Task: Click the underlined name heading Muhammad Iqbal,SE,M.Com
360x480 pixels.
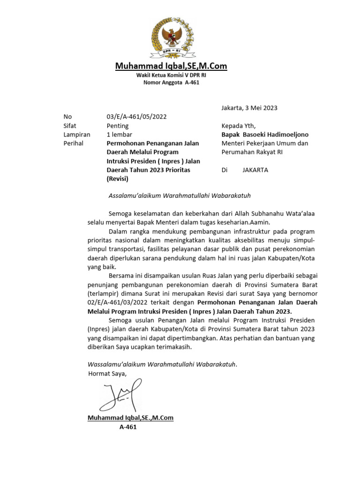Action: click(x=171, y=67)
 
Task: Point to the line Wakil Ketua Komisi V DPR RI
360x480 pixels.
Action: click(x=171, y=75)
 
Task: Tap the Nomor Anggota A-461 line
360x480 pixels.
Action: click(x=171, y=83)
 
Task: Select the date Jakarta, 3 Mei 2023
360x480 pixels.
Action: click(x=249, y=108)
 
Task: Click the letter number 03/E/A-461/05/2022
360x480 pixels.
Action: click(x=136, y=117)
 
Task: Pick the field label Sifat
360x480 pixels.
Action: click(x=70, y=126)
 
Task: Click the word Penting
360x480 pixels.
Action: click(x=118, y=126)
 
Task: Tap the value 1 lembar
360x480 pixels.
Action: click(x=120, y=135)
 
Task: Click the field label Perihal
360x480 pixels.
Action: click(x=73, y=143)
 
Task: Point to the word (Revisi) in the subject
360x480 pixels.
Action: click(x=118, y=179)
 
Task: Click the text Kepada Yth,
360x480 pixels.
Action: click(x=239, y=126)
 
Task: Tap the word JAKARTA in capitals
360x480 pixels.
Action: click(x=255, y=170)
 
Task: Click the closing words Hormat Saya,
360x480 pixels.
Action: click(x=107, y=374)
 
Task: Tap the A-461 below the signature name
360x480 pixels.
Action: click(x=128, y=427)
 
